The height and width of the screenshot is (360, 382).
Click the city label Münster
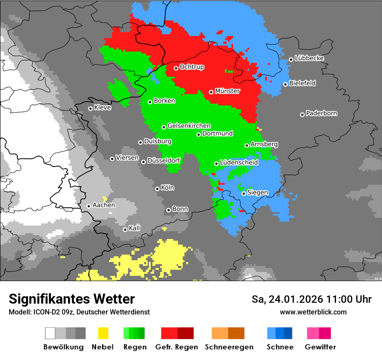[x=227, y=91]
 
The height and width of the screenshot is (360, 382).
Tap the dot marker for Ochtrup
[x=176, y=68]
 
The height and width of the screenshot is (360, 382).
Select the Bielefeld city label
[x=302, y=83]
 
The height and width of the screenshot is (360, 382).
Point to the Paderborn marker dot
[x=302, y=115]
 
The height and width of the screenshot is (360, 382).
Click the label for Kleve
[x=102, y=108]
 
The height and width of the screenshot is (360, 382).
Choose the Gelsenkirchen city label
[x=189, y=126]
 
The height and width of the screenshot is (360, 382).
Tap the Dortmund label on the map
[x=217, y=134]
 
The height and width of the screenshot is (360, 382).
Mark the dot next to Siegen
[x=244, y=193]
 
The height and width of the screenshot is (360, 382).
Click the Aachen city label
[x=104, y=205]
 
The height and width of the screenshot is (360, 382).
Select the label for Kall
[x=135, y=228]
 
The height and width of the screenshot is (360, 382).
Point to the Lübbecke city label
[x=309, y=58]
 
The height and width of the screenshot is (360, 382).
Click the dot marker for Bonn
[x=168, y=210]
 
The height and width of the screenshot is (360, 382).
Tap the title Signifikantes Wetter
[x=72, y=299]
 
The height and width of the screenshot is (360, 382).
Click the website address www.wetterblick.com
[x=313, y=312]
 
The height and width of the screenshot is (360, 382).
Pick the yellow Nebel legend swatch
[x=103, y=333]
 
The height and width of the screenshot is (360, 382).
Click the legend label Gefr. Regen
[x=177, y=347]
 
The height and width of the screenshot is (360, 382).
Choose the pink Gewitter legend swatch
[x=313, y=333]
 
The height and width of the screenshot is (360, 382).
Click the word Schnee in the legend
[x=280, y=347]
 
